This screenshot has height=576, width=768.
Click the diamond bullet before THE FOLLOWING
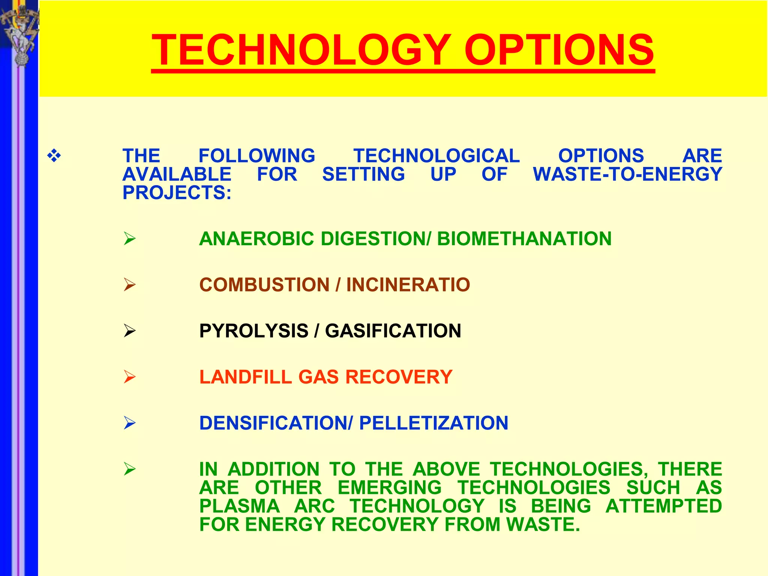click(x=54, y=156)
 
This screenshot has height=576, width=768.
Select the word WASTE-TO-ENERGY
click(x=627, y=174)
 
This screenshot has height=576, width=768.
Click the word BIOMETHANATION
click(x=524, y=239)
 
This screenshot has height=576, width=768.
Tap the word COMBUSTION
click(x=264, y=285)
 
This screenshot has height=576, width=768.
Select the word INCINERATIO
click(x=408, y=285)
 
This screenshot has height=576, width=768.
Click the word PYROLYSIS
click(x=253, y=331)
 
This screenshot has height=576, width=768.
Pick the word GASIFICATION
click(x=393, y=331)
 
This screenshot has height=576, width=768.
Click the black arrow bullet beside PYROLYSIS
click(x=129, y=331)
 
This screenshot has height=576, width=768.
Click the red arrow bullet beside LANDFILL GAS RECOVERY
click(x=129, y=377)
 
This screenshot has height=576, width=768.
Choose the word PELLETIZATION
click(x=433, y=423)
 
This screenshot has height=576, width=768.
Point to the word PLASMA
click(x=240, y=506)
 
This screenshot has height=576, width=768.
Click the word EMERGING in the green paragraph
click(x=390, y=488)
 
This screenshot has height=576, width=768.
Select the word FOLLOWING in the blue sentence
click(x=257, y=156)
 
